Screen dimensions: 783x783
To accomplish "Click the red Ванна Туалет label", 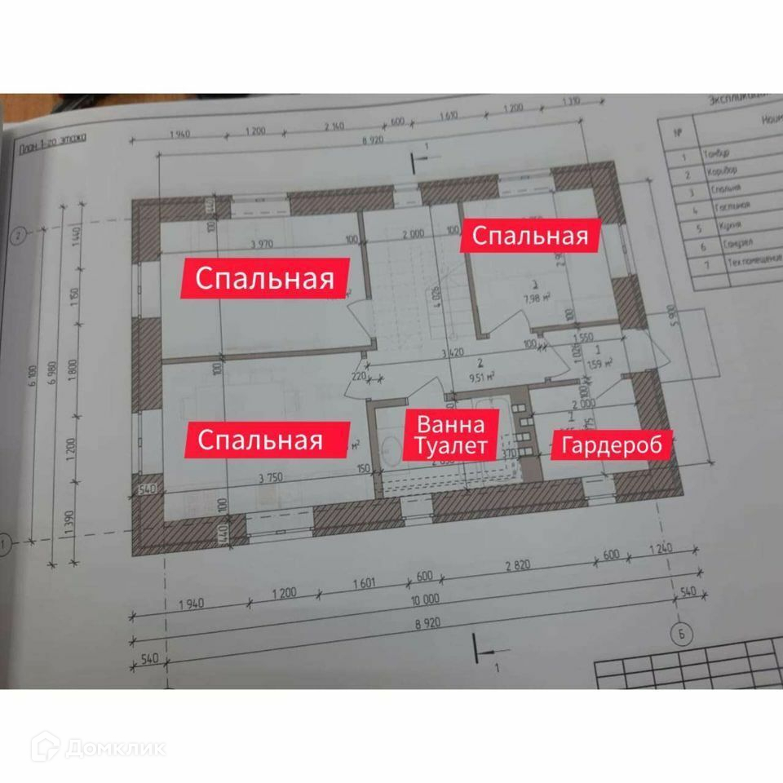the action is coord(452,435).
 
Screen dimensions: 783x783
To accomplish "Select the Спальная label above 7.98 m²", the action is coord(530,236).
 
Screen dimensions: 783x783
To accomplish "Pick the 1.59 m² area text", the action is coord(599,364).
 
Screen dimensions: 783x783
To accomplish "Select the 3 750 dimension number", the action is coord(270,479).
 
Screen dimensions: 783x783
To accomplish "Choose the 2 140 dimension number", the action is coord(335,126).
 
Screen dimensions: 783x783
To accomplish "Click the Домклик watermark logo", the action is coord(98,747).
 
